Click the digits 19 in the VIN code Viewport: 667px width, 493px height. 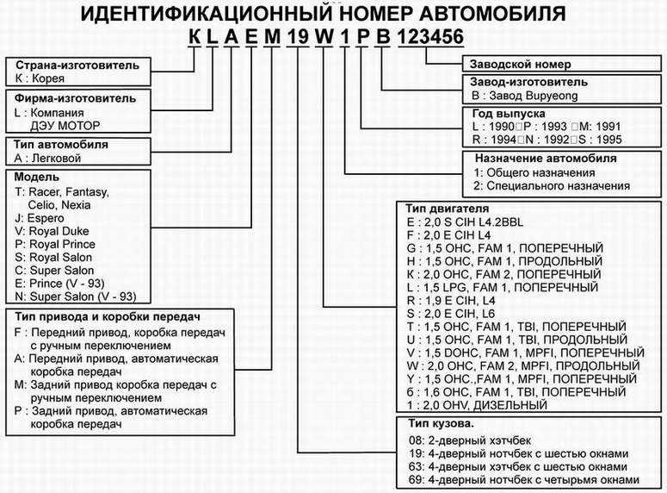[x=297, y=37]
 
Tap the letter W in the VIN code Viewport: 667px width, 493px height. [x=324, y=37]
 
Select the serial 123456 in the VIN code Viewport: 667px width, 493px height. [x=430, y=37]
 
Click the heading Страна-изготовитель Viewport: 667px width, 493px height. [x=77, y=66]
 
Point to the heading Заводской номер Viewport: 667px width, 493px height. [x=520, y=65]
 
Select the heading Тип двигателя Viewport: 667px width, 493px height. [x=447, y=209]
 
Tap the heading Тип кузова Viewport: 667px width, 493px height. [x=442, y=423]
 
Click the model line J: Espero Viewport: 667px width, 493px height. [x=39, y=218]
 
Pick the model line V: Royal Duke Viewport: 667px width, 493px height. [x=52, y=231]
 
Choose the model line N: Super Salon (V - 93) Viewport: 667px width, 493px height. [x=75, y=296]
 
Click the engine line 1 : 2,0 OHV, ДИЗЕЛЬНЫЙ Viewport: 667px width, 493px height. [x=477, y=405]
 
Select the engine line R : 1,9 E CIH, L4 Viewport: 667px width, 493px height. [x=451, y=301]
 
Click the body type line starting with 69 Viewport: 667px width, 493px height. [x=524, y=480]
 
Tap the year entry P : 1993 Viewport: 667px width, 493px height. [x=545, y=127]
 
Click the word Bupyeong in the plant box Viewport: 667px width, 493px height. [x=552, y=96]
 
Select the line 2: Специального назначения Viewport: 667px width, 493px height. [x=552, y=186]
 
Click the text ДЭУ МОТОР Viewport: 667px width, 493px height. [x=65, y=126]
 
